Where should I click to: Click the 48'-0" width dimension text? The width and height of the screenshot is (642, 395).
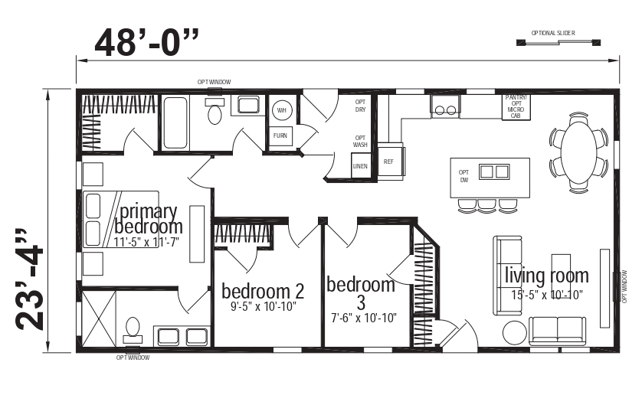(150, 43)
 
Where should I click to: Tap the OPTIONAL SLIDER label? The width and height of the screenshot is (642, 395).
(552, 33)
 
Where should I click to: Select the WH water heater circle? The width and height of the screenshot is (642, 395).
(281, 109)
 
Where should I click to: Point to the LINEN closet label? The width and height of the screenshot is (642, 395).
(360, 166)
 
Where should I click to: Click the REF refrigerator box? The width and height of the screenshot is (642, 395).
(389, 162)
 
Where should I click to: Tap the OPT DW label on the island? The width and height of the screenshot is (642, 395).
(463, 176)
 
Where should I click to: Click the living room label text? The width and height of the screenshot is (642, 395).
(546, 276)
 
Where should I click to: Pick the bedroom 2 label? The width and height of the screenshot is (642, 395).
(263, 291)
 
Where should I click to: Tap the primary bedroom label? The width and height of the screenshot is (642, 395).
(148, 219)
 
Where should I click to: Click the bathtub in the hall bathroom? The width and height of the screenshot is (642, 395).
(175, 122)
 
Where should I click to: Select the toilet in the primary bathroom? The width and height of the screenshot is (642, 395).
(133, 327)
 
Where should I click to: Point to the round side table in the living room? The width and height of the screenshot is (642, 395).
(514, 331)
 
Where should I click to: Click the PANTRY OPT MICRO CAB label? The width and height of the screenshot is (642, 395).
(515, 106)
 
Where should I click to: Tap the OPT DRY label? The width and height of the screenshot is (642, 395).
(360, 106)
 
